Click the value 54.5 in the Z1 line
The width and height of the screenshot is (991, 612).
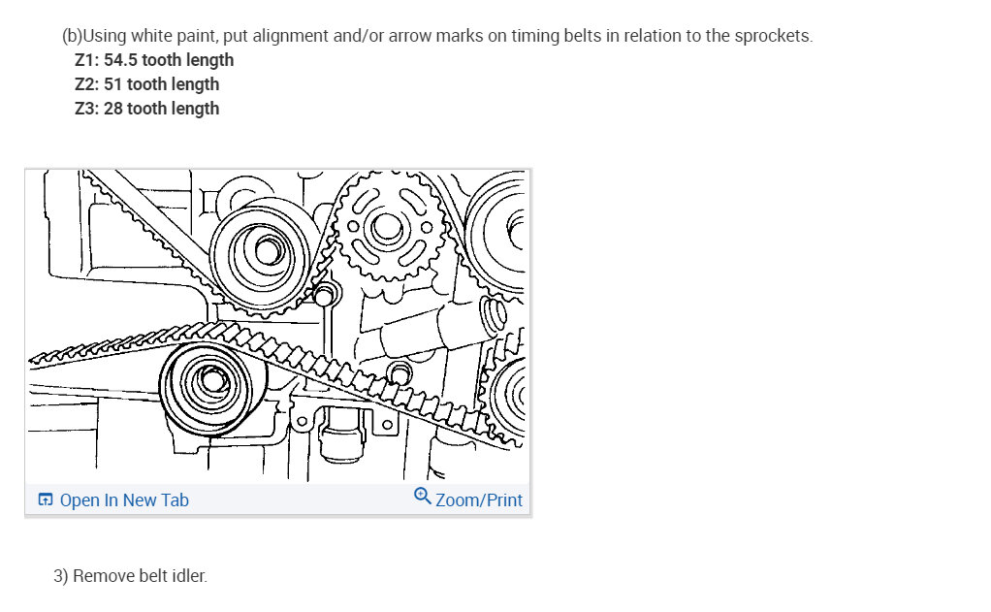[x=120, y=60]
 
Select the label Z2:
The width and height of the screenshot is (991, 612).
[x=87, y=84]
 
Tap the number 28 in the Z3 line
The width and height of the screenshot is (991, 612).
[x=113, y=109]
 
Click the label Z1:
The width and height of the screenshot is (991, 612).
[x=87, y=60]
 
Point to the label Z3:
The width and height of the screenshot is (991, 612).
[x=87, y=109]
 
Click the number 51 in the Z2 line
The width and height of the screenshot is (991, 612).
[x=112, y=84]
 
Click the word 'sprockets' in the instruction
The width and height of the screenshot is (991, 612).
[x=772, y=36]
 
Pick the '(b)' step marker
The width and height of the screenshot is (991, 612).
[x=72, y=36]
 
